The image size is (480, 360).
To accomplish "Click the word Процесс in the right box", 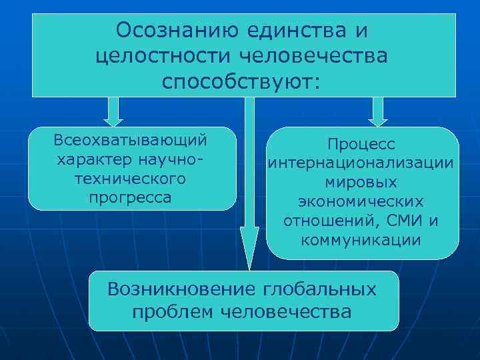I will (361, 145).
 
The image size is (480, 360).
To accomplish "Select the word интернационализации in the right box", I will (361, 163).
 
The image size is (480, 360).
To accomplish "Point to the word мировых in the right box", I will (361, 182).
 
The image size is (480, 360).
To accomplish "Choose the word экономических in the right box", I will (361, 201).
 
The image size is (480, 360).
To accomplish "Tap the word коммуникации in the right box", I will (361, 240).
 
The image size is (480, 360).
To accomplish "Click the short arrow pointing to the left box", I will (114, 112).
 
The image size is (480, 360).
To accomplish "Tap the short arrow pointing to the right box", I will (379, 112).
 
